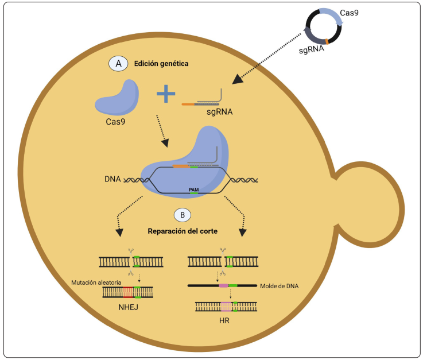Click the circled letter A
[x=118, y=64]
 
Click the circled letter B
[x=182, y=215]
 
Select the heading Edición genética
[x=161, y=64]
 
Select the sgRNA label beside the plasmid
[x=311, y=51]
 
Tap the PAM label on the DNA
[x=194, y=188]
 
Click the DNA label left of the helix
[x=113, y=179]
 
